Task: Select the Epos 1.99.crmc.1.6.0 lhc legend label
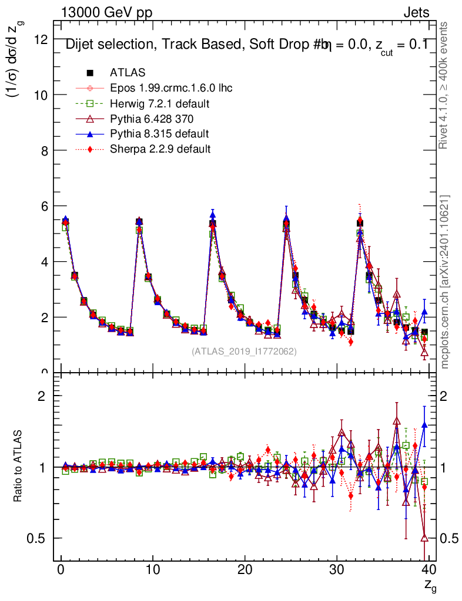click(x=171, y=88)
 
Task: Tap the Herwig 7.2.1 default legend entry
click(x=160, y=103)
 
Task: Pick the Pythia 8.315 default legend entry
click(x=159, y=134)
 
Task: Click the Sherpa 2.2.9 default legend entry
click(x=160, y=149)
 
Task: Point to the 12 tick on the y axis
click(x=41, y=39)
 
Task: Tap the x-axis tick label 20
click(x=245, y=569)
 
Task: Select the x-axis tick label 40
click(x=428, y=569)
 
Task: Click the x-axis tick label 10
click(x=153, y=569)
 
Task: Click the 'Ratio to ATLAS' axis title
click(x=18, y=467)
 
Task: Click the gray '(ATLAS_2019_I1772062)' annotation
click(x=244, y=352)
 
